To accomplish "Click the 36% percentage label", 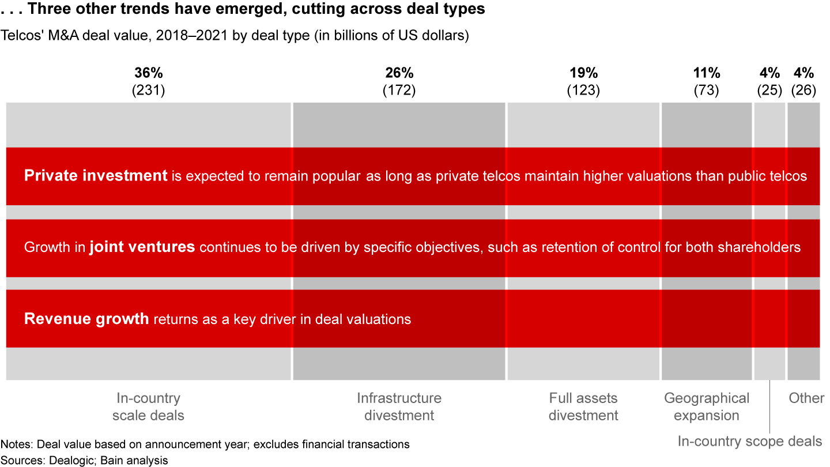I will tap(149, 73).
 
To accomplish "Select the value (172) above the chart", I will tap(399, 91).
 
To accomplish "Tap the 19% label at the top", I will tap(583, 73).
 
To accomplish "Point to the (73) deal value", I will tap(706, 91).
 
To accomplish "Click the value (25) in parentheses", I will tap(769, 91).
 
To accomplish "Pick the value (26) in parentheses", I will tap(803, 91).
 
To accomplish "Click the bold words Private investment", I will tap(96, 176).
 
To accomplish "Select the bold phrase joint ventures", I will tap(142, 247).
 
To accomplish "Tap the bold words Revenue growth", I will tap(86, 319).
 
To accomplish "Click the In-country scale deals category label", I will tap(149, 406).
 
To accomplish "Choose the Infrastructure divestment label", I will tap(399, 406).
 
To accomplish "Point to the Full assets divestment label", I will tap(583, 406).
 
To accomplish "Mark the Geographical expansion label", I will tap(707, 406).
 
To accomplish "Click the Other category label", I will tap(806, 398).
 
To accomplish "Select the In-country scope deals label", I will tap(749, 442).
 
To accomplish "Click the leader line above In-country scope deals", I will tap(769, 406).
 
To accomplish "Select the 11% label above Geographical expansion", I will tap(706, 73).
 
